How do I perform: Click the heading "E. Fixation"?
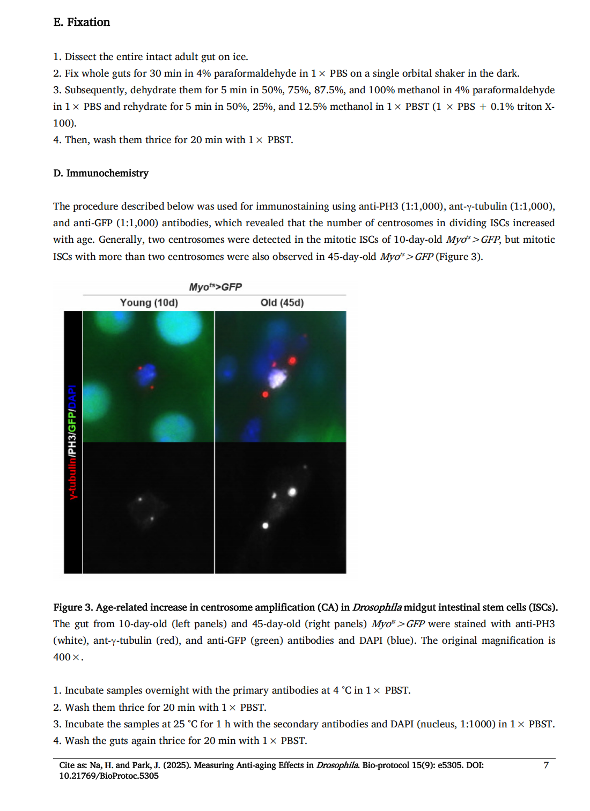(82, 22)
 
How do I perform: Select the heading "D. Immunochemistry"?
(101, 173)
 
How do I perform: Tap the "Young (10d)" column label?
(149, 302)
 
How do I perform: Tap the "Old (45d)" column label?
(282, 302)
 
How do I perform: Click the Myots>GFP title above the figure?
(215, 287)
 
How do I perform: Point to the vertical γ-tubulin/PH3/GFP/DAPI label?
(72, 442)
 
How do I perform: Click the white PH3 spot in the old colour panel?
(277, 377)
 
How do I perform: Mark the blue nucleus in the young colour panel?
(146, 374)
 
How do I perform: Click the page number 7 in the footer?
(546, 765)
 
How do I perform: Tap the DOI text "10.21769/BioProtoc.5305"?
(109, 776)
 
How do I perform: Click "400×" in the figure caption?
(67, 657)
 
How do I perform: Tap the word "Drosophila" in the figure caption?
(377, 607)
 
